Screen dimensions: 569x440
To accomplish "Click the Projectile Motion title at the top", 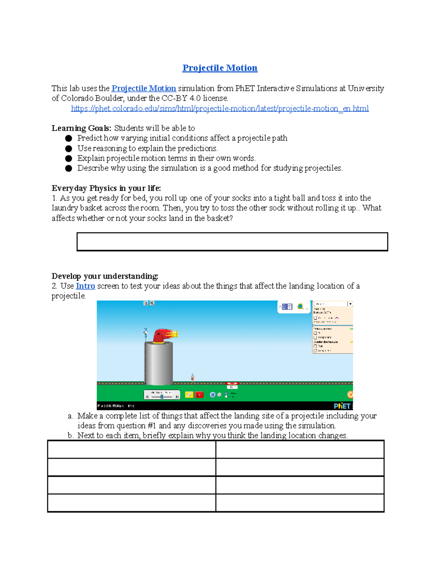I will click(220, 68).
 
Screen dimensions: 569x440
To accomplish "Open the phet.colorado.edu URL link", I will click(220, 109).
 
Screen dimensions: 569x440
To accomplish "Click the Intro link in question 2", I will click(85, 286).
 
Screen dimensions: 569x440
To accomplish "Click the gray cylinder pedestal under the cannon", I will click(159, 363).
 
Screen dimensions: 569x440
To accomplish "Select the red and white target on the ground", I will click(232, 384).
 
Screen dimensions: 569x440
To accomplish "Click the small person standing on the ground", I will click(192, 377).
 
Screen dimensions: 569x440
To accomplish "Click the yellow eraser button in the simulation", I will click(189, 395).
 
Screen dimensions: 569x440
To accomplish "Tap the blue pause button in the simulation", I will click(212, 395).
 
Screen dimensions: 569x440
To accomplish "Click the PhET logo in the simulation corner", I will click(342, 406).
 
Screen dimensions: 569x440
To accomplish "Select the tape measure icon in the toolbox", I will click(300, 306).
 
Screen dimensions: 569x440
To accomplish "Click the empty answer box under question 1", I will click(232, 242).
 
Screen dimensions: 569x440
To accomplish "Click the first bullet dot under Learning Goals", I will click(69, 138).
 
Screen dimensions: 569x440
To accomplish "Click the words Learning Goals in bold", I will click(81, 128).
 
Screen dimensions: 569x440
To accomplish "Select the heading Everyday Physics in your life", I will click(106, 188).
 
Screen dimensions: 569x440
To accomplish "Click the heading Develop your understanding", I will click(105, 276).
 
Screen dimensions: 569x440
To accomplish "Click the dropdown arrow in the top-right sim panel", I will click(350, 304).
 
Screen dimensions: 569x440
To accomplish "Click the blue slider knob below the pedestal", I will click(162, 397).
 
